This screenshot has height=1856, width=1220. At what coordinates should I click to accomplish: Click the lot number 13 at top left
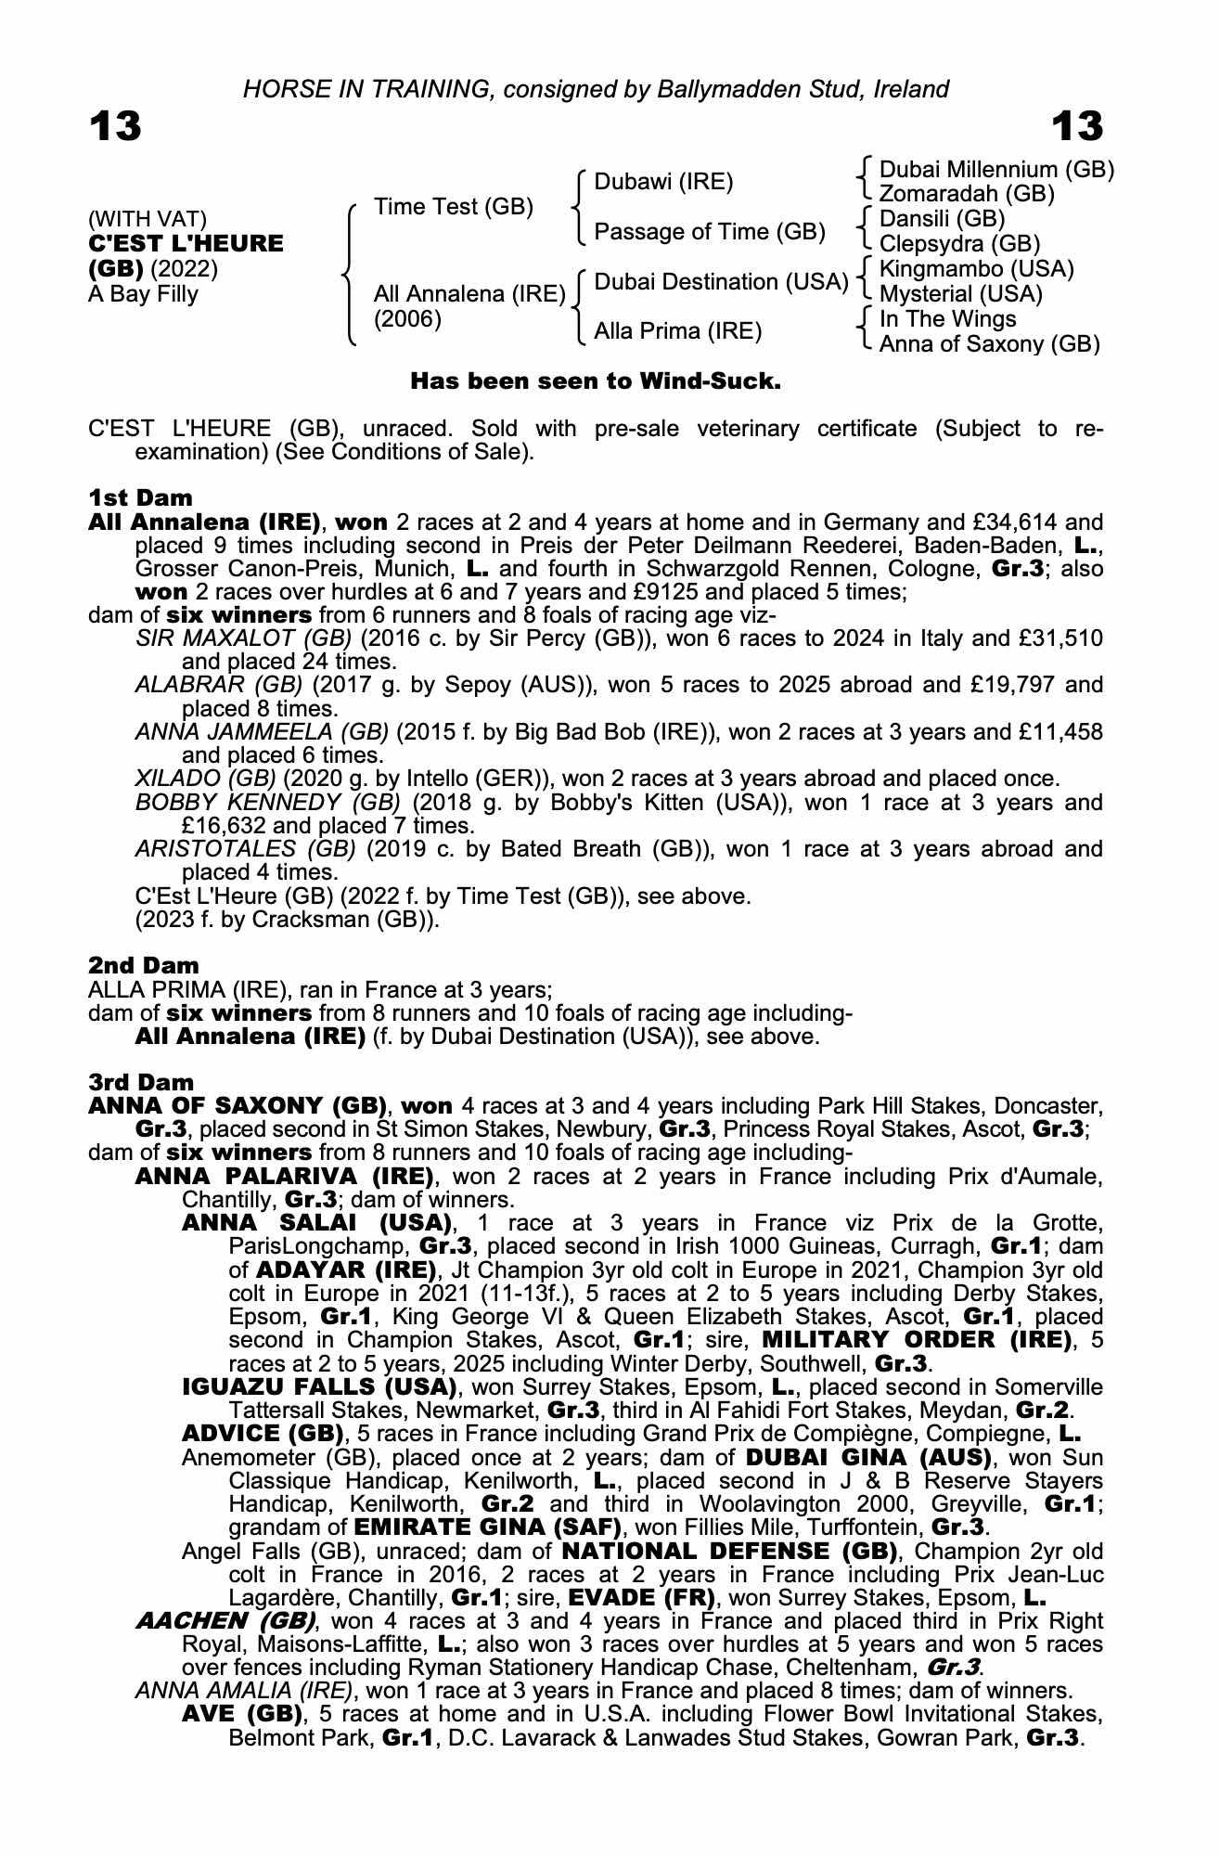pyautogui.click(x=115, y=126)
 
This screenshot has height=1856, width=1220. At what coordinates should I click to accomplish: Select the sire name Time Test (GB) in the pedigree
pyautogui.click(x=454, y=207)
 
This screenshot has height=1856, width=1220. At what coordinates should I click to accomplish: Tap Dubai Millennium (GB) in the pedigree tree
pyautogui.click(x=996, y=170)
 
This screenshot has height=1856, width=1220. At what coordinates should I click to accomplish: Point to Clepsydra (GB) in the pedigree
pyautogui.click(x=959, y=244)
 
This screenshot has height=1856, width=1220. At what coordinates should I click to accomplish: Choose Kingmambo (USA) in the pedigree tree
pyautogui.click(x=976, y=269)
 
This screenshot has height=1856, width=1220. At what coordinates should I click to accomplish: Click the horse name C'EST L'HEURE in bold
pyautogui.click(x=186, y=244)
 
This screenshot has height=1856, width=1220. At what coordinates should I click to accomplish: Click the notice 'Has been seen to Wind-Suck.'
pyautogui.click(x=596, y=381)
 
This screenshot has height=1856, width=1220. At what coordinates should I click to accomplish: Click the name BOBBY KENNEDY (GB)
pyautogui.click(x=267, y=803)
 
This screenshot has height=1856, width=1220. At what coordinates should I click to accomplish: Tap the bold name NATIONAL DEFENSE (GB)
pyautogui.click(x=730, y=1551)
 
